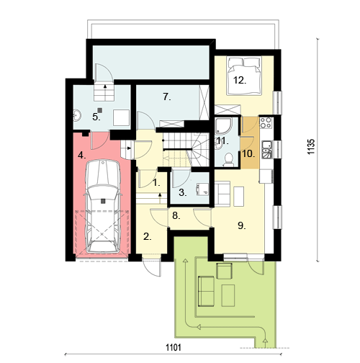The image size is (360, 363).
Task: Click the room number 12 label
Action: pos(240,81)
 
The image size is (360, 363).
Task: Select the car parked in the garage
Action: pos(103,206)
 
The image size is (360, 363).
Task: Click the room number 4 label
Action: pos(82,156)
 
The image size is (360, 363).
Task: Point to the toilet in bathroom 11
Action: pos(228,160)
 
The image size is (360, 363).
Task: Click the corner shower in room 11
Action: pos(224,125)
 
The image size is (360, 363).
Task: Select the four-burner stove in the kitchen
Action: pos(266,122)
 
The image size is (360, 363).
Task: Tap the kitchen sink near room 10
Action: pos(267,150)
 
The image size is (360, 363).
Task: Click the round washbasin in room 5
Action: pos(77,115)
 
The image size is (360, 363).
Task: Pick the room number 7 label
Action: pos(167,97)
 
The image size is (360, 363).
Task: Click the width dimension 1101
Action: pos(174,347)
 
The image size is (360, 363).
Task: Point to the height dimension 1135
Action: pos(311,146)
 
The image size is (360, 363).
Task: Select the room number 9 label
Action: pos(242,225)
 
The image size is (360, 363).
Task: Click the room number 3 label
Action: pos(183,192)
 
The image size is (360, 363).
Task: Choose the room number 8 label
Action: pos(176,216)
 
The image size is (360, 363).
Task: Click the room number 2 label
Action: pos(148,237)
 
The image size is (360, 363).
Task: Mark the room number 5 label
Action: pos(96,117)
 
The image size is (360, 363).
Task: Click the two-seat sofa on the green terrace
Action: pos(206,291)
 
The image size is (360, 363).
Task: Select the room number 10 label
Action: pos(248,154)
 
